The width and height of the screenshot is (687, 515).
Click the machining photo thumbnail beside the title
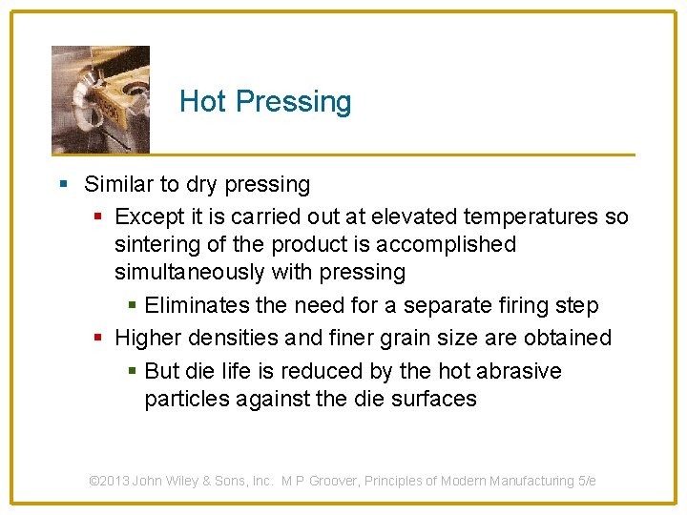(x=100, y=99)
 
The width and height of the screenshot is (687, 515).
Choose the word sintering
(x=156, y=244)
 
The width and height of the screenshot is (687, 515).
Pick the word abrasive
(x=518, y=370)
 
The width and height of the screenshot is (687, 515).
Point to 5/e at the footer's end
(x=587, y=481)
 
